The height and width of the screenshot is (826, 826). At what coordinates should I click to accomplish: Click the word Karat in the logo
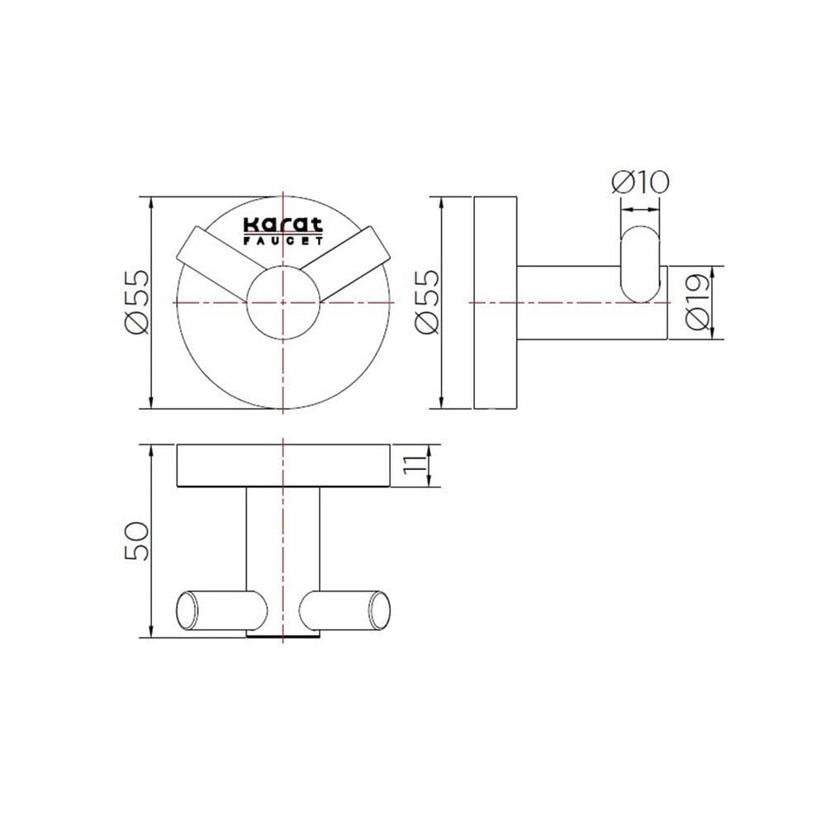coord(282,225)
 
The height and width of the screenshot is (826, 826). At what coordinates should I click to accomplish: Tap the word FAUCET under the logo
coord(282,240)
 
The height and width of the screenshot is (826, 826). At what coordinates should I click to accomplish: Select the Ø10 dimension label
coord(640,182)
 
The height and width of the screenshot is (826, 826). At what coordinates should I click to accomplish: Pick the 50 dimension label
coord(136,540)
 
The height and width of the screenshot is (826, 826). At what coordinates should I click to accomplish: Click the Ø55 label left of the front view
coord(136,301)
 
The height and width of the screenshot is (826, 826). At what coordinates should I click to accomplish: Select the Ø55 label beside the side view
coord(426,301)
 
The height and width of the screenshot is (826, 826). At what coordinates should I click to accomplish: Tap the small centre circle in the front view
coord(282,302)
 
